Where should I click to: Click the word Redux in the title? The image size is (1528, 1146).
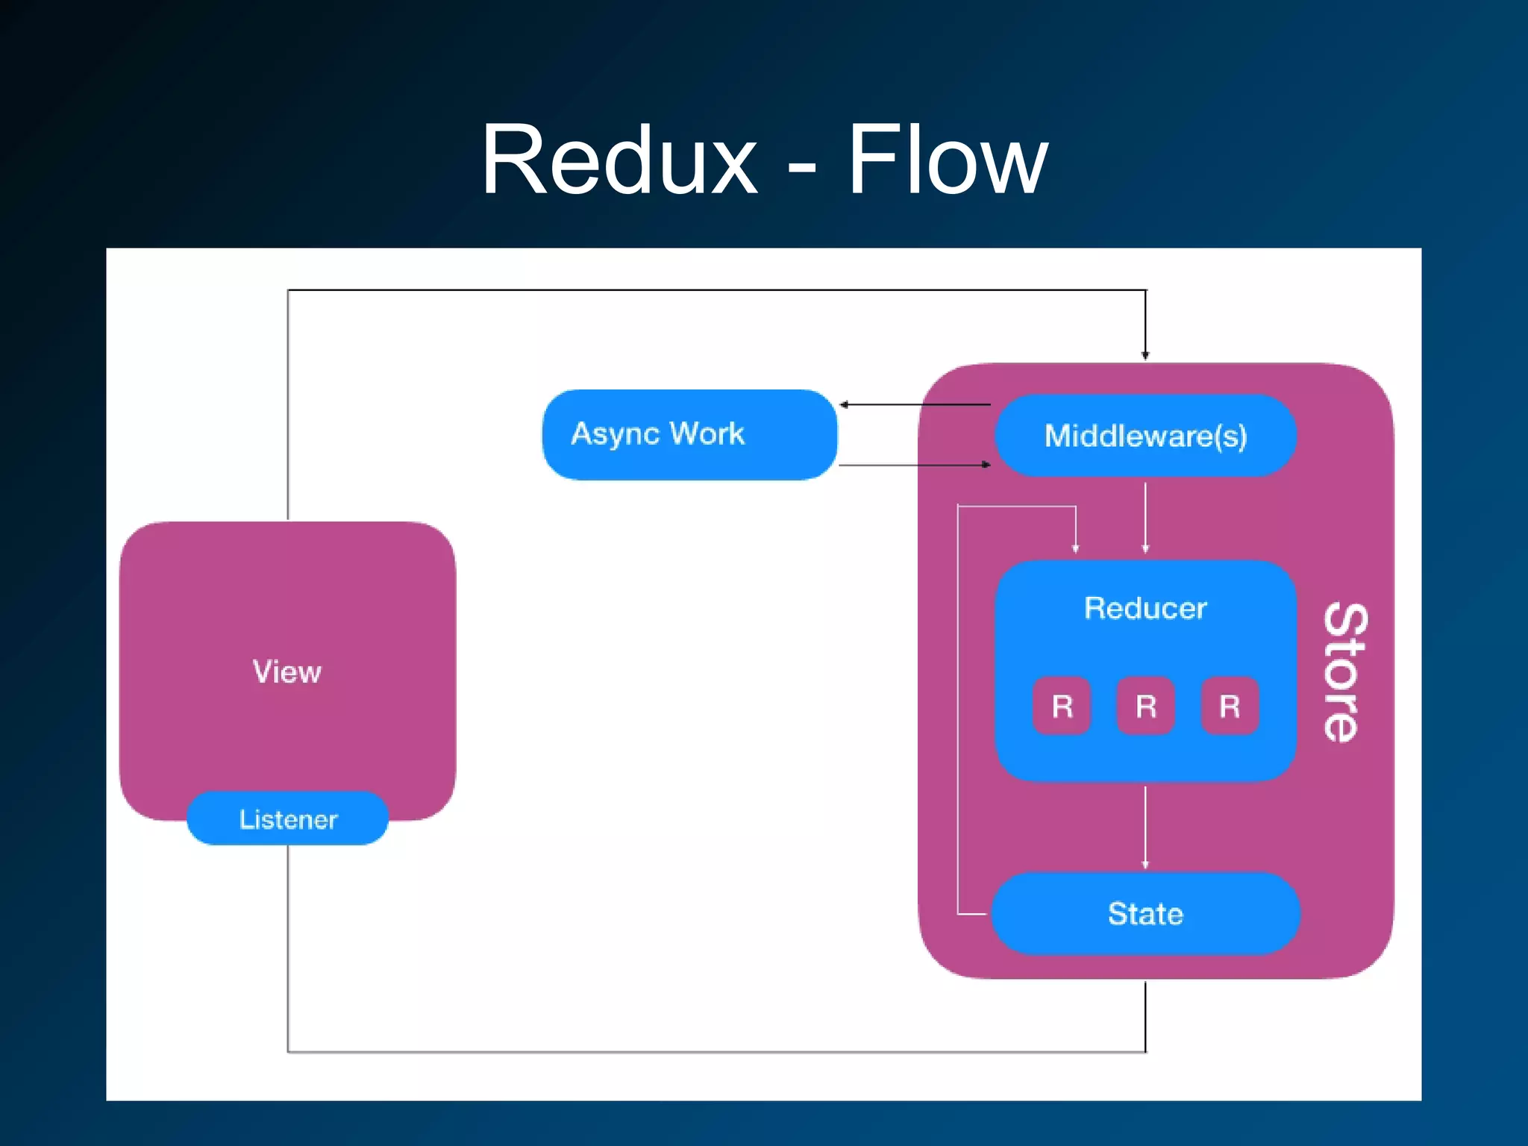619,160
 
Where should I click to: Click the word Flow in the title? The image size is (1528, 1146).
948,160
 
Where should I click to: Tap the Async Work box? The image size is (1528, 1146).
689,434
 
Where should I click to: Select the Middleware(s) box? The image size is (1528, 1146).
1145,436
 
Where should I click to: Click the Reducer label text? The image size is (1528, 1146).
1145,608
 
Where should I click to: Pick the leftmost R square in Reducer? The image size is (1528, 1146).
1062,706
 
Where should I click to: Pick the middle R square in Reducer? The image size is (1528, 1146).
1146,706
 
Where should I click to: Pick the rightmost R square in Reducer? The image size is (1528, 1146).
1230,706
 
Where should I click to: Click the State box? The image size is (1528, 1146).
1145,913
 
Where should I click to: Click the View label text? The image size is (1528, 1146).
287,671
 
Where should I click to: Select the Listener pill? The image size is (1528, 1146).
288,819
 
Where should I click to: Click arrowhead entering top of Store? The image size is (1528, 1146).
1145,355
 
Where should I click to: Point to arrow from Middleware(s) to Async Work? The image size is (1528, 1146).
914,404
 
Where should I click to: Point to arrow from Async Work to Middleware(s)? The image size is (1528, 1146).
914,464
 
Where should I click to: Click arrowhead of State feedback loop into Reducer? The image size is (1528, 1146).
1075,548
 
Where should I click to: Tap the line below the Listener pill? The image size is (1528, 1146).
288,948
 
